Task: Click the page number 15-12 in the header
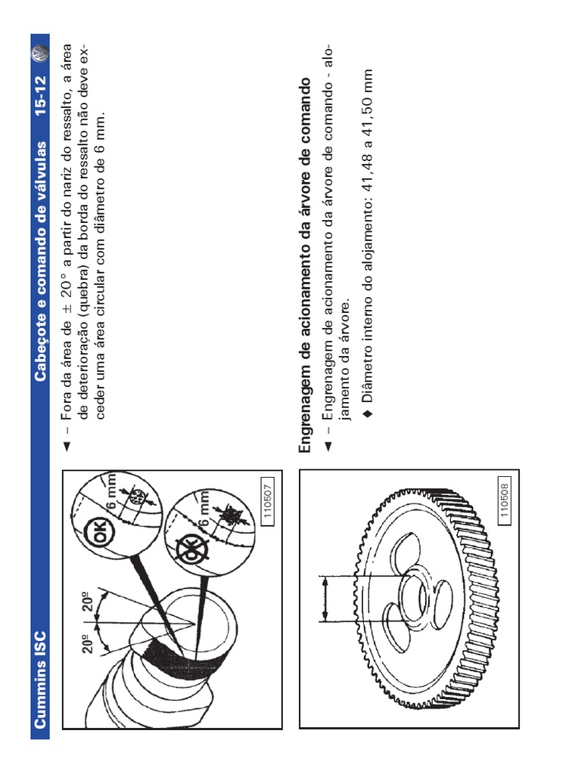pyautogui.click(x=40, y=94)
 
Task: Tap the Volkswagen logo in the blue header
pyautogui.click(x=40, y=54)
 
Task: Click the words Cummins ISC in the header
pyautogui.click(x=40, y=680)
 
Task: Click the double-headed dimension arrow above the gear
pyautogui.click(x=325, y=599)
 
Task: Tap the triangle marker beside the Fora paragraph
pyautogui.click(x=67, y=447)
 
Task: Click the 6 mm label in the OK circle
pyautogui.click(x=112, y=491)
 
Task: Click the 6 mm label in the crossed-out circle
pyautogui.click(x=204, y=509)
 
